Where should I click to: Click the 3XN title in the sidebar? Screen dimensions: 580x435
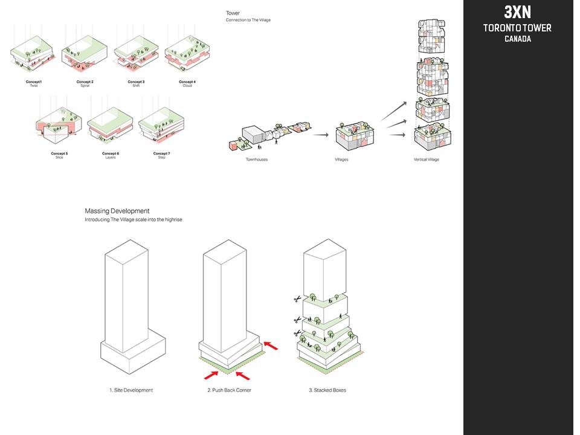(517, 13)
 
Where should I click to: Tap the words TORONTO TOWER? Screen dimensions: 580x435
(517, 28)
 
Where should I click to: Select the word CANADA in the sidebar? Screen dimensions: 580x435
(517, 39)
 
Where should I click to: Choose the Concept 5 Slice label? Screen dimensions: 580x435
(59, 155)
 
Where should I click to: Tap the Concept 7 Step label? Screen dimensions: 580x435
(161, 155)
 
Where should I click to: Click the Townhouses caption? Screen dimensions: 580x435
(256, 159)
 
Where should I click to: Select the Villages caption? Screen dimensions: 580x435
(342, 159)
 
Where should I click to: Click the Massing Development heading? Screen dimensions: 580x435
(117, 211)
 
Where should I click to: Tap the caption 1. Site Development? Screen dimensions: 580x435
(131, 390)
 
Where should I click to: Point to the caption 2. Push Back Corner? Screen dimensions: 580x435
(229, 390)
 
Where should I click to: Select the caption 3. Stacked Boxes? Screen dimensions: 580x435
(327, 390)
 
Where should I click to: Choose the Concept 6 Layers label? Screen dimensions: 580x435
(110, 155)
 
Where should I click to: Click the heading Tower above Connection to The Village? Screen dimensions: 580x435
(233, 13)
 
